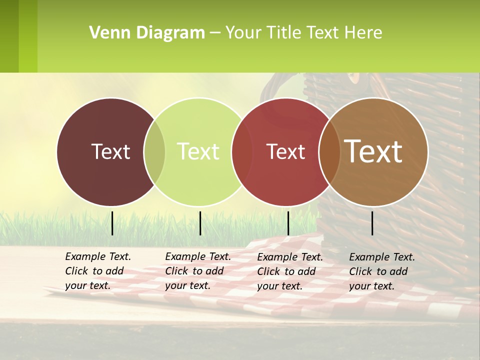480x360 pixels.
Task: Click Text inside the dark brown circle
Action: pos(110,151)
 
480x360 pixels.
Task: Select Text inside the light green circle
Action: pos(198,151)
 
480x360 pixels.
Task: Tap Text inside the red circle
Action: pos(286,151)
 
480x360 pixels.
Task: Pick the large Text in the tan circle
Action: pos(373,151)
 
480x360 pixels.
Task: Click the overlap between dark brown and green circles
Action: pos(154,151)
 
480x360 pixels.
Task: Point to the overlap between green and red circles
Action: pos(242,151)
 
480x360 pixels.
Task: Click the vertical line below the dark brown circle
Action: pos(112,223)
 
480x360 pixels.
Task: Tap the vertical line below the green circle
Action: pos(200,223)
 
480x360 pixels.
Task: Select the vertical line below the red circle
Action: pos(288,223)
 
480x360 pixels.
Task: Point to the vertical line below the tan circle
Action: pos(372,223)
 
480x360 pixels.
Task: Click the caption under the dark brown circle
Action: pos(97,271)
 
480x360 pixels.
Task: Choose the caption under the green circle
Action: pos(197,271)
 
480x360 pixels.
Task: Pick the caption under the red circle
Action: pos(289,271)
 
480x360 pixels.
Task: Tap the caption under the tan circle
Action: pos(381,271)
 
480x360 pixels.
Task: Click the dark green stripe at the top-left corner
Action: pos(9,36)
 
